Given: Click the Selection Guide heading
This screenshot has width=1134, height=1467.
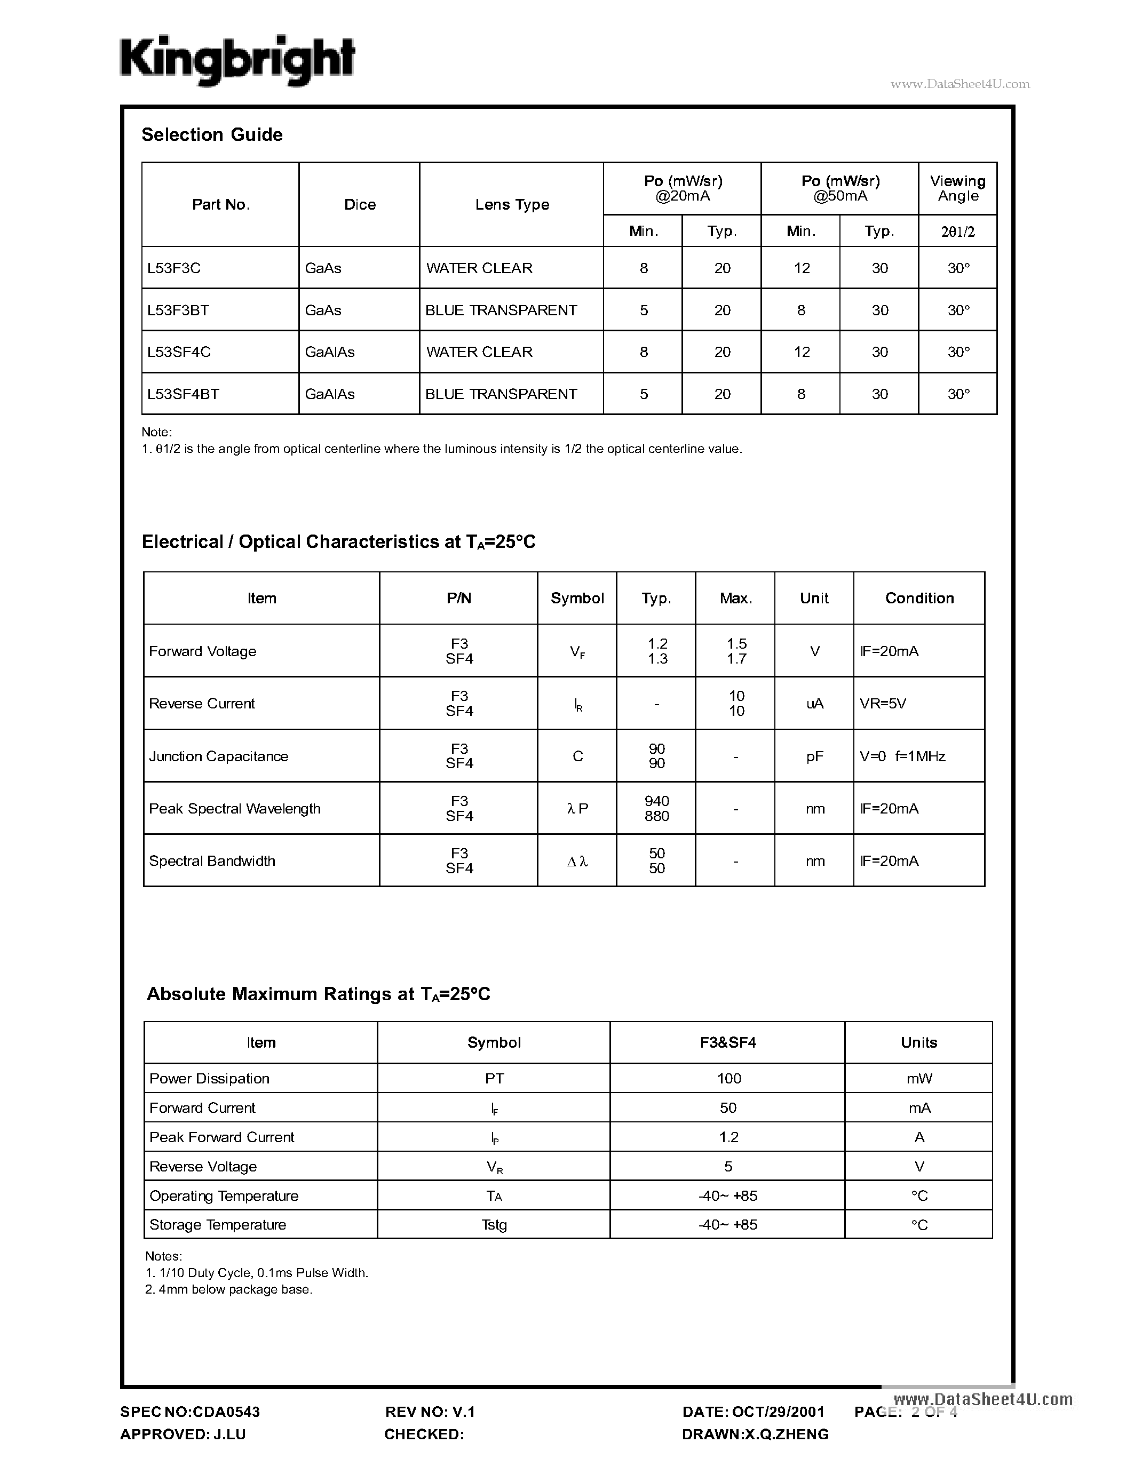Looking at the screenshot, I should [212, 135].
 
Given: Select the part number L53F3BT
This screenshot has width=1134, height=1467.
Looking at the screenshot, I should [178, 310].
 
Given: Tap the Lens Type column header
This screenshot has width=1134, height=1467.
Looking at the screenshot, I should [512, 205].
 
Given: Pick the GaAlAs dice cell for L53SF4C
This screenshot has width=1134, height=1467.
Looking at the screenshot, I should [330, 352].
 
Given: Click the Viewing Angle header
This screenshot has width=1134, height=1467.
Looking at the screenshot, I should [957, 189].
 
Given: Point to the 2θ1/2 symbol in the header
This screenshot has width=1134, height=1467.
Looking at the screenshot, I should [957, 232].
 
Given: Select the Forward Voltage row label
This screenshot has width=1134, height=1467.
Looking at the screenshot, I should [202, 651].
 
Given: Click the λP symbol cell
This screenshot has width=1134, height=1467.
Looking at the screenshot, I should [577, 809].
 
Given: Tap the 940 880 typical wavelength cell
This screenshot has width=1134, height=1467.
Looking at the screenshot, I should [656, 809].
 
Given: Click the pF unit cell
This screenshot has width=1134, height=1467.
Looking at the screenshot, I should [814, 757].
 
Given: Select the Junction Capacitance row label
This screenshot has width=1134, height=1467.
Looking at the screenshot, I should [218, 757].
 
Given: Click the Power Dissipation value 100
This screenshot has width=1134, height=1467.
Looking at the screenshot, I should [728, 1079].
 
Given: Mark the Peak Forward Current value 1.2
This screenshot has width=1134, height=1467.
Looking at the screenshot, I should [728, 1137].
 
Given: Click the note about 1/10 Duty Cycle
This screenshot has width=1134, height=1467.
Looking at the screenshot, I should [257, 1273].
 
